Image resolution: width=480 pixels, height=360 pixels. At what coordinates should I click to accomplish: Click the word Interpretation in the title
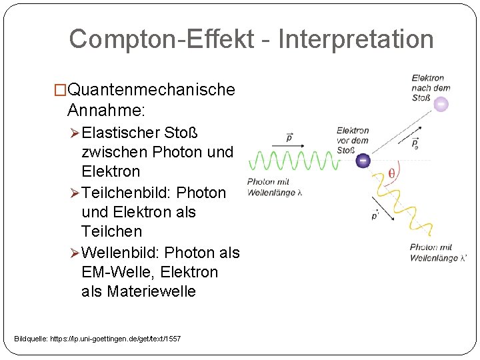coord(355,39)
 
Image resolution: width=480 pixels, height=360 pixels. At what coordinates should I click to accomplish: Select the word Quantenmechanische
coord(151,89)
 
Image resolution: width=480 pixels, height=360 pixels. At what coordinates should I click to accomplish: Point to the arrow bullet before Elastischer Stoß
coord(75,131)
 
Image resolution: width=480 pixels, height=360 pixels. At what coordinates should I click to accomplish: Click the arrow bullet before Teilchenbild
coord(75,193)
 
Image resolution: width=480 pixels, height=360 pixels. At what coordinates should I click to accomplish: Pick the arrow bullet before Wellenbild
coord(75,253)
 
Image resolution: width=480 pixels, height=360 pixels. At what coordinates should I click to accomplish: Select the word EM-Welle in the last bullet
coord(114,272)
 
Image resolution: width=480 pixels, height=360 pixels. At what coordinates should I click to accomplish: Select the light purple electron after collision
coord(440,105)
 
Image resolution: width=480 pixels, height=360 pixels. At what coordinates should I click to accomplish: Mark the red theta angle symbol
coord(391,175)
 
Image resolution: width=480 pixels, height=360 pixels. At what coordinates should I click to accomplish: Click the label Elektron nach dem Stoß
coord(431,88)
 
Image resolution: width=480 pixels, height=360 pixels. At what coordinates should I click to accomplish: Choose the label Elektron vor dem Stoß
coord(352,140)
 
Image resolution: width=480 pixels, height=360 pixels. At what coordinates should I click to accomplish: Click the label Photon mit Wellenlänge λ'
coord(437,253)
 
